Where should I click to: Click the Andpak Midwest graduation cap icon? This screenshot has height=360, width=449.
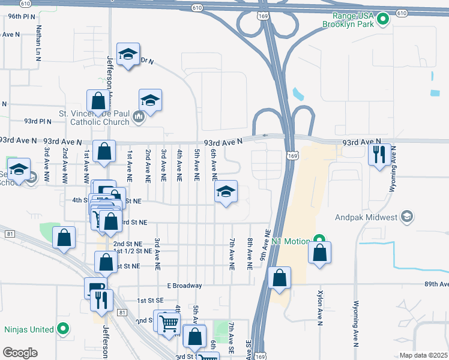[x=408, y=215]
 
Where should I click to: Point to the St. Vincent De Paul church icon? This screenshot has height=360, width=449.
[x=139, y=116]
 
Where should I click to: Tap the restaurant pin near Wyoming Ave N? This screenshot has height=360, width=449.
[x=379, y=155]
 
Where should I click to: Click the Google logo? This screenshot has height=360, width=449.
[x=20, y=353]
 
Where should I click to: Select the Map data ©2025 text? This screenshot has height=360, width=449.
[x=423, y=355]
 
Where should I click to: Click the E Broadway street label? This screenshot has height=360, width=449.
[x=184, y=285]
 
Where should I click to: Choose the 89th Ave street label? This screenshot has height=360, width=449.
[x=435, y=284]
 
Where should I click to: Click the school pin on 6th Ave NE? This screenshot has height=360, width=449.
[x=226, y=192]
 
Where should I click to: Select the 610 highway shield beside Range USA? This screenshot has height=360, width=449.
[x=402, y=13]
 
